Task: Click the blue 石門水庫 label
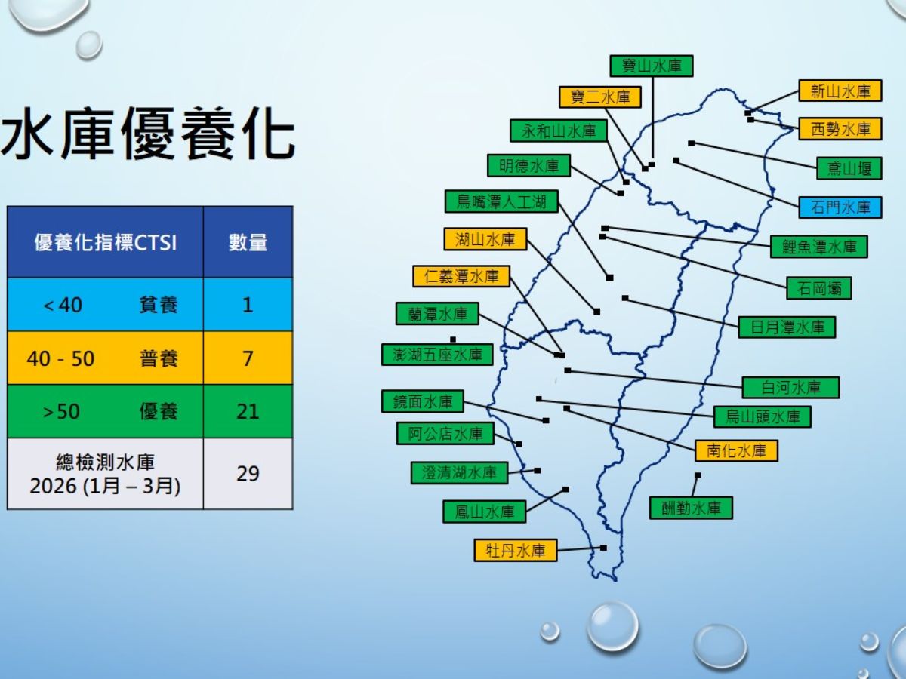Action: coord(840,207)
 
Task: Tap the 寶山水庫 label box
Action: coord(652,66)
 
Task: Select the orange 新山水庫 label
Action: coord(840,91)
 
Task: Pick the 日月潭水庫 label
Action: coord(787,327)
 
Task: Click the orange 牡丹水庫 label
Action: coord(516,551)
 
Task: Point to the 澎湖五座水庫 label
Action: coord(437,354)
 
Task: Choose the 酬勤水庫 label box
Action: coord(691,508)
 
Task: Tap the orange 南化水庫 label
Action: coord(736,451)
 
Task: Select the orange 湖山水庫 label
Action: coord(485,240)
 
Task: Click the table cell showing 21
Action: coord(248,411)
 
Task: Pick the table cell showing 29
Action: coord(248,474)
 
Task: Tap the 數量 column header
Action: coord(248,242)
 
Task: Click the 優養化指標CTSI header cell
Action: coord(105,242)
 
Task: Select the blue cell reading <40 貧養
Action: coord(105,305)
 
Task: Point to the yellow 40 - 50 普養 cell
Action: coord(105,358)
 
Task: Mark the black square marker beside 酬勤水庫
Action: coord(697,475)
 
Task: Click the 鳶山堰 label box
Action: coord(849,168)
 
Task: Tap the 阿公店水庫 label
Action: coord(445,434)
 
